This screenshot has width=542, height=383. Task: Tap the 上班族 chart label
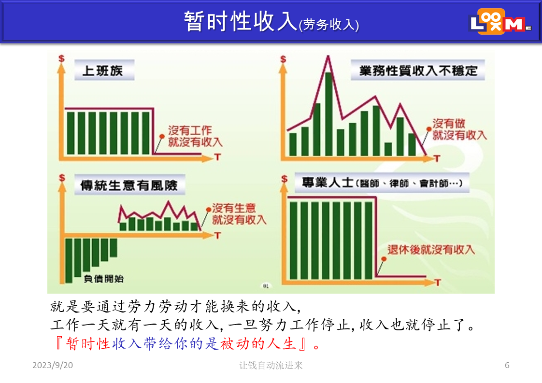103,71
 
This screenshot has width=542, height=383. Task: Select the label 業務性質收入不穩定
418,71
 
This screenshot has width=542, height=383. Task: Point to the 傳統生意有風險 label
129,185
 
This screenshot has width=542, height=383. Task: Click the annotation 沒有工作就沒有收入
195,136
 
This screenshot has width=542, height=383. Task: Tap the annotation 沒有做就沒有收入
459,129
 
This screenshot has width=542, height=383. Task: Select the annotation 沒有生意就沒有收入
239,213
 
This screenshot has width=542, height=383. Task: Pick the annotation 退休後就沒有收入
431,249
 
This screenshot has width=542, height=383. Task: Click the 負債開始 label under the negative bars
103,279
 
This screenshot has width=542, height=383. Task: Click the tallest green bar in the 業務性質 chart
328,114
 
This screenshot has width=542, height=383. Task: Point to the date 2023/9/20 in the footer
53,365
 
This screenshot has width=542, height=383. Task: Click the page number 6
507,365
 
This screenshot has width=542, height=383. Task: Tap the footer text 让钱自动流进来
271,365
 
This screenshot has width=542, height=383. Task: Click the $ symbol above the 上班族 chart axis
61,58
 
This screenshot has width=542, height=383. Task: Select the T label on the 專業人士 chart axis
438,283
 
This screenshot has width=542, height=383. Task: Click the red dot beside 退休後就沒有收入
384,259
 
